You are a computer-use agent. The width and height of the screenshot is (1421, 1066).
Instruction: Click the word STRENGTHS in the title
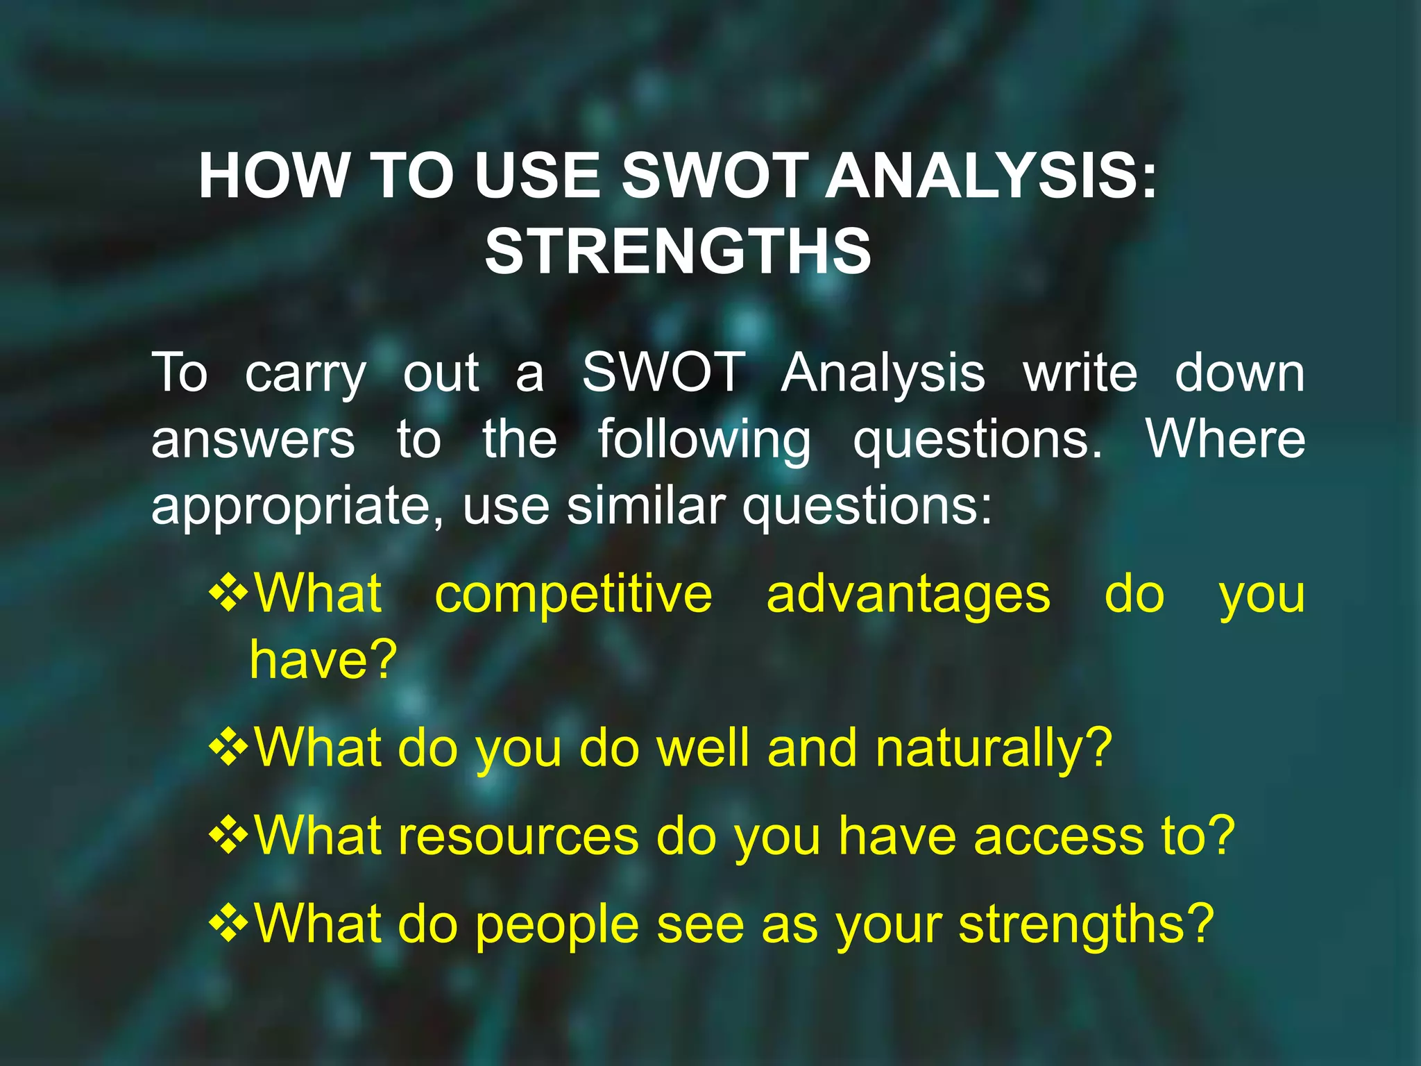(678, 251)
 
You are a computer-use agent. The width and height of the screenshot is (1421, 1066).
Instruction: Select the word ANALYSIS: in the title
(992, 176)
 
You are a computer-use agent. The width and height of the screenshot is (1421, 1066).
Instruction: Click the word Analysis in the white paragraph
(883, 373)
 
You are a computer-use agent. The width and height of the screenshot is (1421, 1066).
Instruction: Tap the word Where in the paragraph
(1225, 439)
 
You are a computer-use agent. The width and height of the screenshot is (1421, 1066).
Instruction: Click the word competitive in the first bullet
(573, 595)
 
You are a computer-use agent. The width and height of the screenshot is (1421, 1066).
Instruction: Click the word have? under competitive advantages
(323, 659)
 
